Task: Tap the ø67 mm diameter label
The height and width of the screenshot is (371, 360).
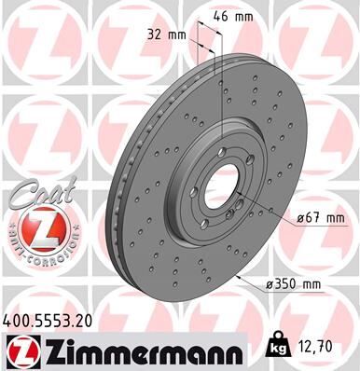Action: click(x=318, y=218)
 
